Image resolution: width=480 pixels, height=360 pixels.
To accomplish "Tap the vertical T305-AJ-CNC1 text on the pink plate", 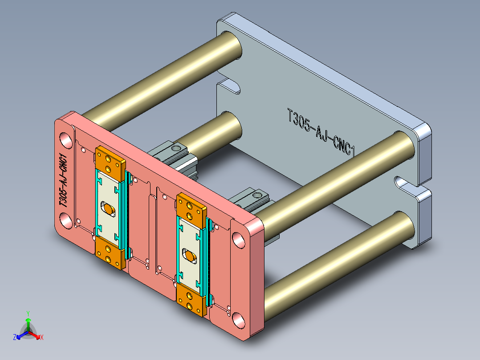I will tap(64, 180).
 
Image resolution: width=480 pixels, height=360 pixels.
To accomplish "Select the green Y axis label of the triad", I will tap(28, 313).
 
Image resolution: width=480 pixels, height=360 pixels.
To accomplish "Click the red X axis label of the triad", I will tap(41, 337).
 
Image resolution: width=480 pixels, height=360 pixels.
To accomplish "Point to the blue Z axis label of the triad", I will tap(14, 337).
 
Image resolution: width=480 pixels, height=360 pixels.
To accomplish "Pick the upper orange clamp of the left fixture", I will tap(110, 163).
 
